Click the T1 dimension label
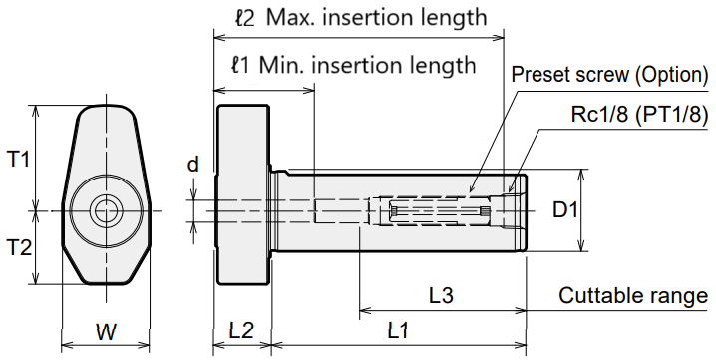click(18, 160)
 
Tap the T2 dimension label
click(19, 248)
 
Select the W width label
click(106, 332)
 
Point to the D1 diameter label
click(565, 210)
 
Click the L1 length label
click(398, 330)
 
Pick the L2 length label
click(241, 330)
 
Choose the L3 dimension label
click(441, 295)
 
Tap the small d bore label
click(193, 164)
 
